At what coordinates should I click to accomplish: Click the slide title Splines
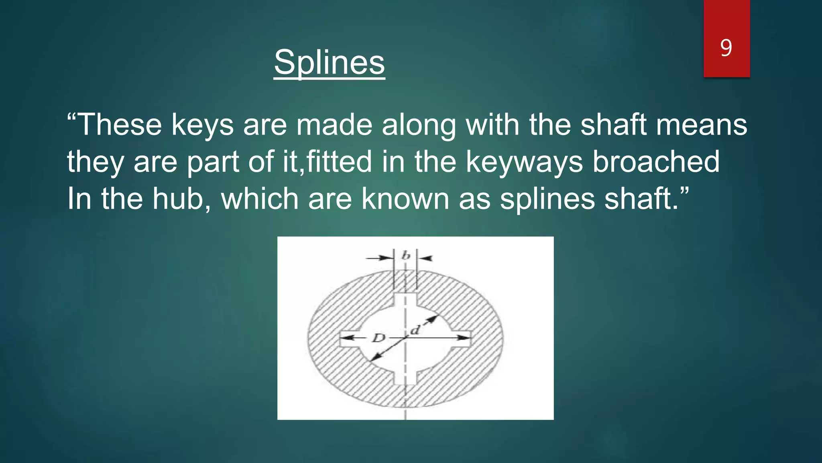(x=329, y=62)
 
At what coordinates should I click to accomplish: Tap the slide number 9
(x=726, y=48)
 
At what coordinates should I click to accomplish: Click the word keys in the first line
(x=202, y=125)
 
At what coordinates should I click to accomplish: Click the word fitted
(x=339, y=162)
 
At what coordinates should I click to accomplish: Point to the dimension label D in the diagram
(x=378, y=338)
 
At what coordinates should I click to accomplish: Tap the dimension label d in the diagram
(x=415, y=330)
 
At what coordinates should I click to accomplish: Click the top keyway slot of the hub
(x=405, y=299)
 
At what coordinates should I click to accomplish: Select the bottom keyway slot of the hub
(x=405, y=378)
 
